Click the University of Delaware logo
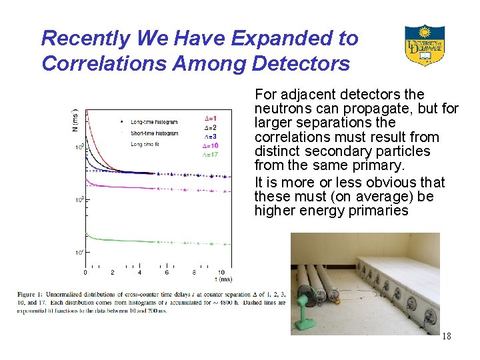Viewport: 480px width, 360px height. point(425,45)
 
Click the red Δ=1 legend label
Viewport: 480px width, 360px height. point(210,119)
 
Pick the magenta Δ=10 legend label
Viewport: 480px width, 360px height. point(210,145)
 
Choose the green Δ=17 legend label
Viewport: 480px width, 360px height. point(210,154)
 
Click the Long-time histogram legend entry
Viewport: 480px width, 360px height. point(155,122)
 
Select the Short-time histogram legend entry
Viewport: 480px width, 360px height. point(155,133)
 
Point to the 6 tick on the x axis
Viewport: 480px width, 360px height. point(167,272)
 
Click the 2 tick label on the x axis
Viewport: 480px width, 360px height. point(112,272)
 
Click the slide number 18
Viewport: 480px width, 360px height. point(446,336)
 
